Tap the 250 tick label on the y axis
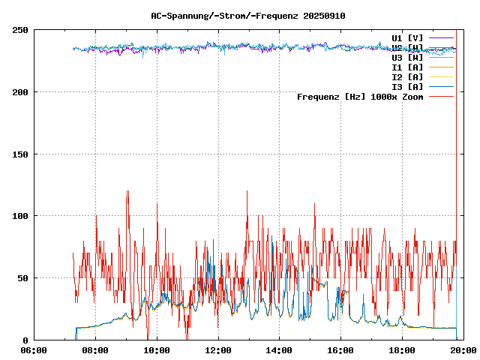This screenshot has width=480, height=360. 20,30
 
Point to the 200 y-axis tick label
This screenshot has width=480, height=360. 20,92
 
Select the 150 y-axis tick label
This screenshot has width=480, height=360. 20,154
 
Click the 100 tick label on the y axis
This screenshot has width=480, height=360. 20,216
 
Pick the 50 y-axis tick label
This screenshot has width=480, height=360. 22,278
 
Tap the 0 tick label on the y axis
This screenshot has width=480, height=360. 25,340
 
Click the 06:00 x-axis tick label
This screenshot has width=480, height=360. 34,350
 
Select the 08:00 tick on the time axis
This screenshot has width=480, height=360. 95,350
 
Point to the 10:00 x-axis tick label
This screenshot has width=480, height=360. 157,350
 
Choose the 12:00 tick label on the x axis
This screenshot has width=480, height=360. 218,350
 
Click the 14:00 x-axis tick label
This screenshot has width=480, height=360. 280,350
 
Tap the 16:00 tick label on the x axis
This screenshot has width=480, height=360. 341,350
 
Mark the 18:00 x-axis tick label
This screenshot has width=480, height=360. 403,350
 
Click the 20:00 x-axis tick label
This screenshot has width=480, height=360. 463,350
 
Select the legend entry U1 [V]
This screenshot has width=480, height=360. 407,37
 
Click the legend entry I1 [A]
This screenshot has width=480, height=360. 407,67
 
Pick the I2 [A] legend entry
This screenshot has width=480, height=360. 407,76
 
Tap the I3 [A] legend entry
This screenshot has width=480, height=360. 407,86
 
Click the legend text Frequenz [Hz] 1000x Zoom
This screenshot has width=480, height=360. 360,97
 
